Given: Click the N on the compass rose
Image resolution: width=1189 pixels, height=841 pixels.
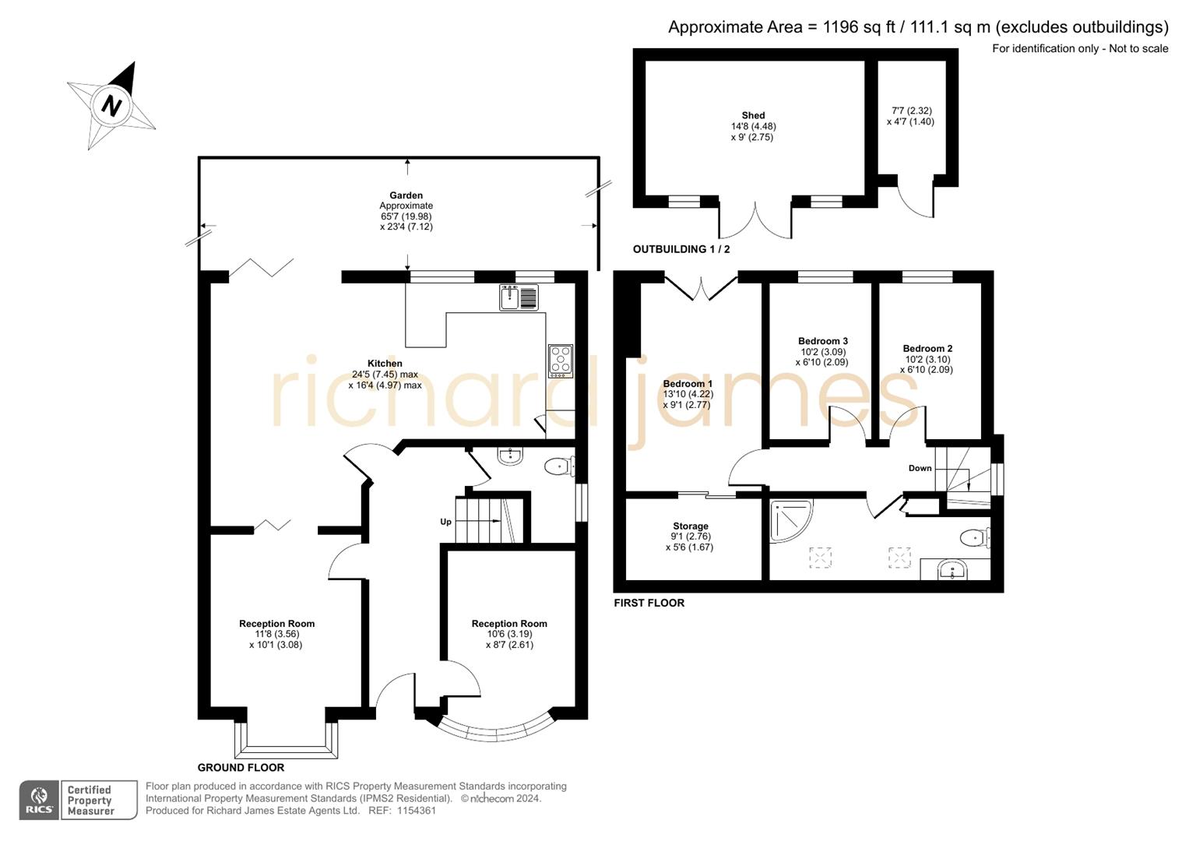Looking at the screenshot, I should tap(112, 104).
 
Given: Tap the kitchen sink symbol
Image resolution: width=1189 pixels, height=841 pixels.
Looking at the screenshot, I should tap(519, 297).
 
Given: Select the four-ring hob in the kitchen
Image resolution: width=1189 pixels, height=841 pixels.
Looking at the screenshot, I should tap(561, 361).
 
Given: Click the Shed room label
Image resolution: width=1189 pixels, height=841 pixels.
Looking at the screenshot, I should tap(753, 115).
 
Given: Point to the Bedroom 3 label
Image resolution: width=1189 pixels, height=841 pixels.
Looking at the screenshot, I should tap(822, 341).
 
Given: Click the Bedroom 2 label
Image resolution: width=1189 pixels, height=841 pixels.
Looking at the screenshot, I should tap(927, 349).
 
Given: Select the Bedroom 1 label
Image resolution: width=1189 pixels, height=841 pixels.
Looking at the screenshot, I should tap(688, 384).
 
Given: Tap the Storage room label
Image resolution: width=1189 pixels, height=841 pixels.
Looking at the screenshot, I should tap(690, 526).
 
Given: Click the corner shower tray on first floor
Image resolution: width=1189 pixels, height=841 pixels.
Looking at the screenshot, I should tap(790, 519).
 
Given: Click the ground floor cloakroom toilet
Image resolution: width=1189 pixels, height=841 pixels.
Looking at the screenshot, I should tap(559, 466).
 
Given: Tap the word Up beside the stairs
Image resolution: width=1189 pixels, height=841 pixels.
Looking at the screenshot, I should tap(445, 522).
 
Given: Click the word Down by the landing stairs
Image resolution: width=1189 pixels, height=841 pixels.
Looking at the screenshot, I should tap(920, 468).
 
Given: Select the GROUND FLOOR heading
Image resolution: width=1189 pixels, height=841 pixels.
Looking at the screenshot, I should tap(241, 767).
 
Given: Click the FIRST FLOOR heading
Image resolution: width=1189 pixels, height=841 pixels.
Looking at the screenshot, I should tap(649, 603).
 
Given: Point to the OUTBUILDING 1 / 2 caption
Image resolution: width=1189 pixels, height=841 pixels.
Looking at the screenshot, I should tap(681, 249).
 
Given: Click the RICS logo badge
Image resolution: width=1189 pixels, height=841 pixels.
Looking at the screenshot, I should tap(39, 801).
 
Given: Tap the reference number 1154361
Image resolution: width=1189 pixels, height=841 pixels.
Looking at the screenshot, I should tap(417, 811).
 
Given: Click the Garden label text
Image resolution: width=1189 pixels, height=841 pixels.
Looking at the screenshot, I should tap(406, 195).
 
